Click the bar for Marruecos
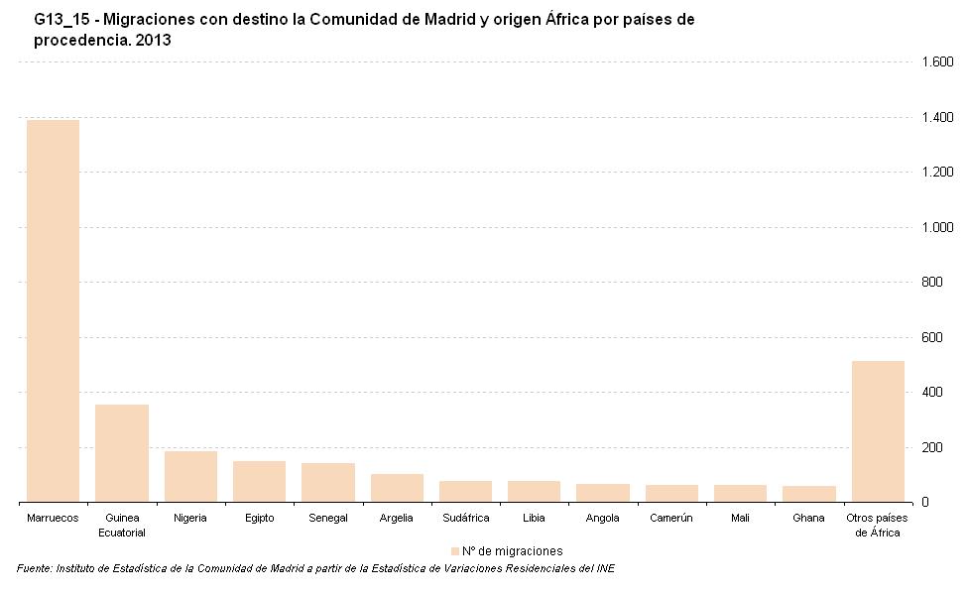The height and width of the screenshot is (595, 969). (53, 310)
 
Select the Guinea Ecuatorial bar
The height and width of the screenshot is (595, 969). (122, 453)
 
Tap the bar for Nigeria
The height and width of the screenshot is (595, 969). (190, 477)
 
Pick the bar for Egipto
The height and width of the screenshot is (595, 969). (259, 482)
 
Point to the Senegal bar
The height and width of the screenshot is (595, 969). (328, 483)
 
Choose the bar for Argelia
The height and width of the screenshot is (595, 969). (397, 488)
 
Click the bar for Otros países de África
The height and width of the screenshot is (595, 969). (878, 431)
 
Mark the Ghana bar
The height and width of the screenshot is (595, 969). (809, 494)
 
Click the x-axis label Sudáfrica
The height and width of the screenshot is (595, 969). (466, 519)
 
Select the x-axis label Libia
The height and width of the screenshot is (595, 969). (534, 519)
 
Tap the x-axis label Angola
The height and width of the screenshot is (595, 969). (603, 519)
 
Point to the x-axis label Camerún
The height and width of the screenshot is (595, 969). (671, 519)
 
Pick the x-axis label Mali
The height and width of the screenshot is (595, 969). (741, 519)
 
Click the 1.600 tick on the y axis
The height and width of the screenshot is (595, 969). (937, 62)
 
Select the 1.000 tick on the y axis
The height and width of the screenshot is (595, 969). (937, 227)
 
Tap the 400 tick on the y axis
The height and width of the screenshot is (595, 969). (933, 393)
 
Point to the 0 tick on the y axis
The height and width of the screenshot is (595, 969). (925, 503)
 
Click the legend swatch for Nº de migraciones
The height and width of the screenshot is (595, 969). (455, 551)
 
